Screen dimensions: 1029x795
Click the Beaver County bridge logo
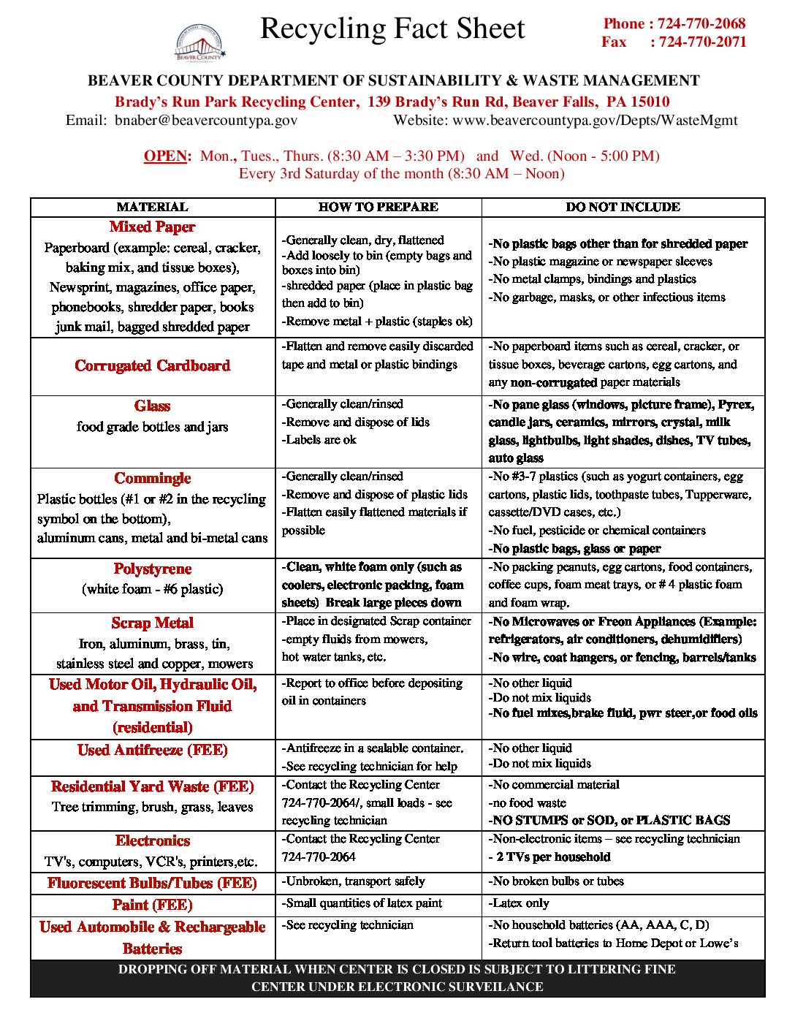click(199, 43)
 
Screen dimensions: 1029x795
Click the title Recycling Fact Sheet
click(392, 29)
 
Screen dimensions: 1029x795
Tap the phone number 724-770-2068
click(701, 23)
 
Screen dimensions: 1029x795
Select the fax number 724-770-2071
click(702, 42)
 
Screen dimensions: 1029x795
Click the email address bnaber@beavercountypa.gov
click(206, 121)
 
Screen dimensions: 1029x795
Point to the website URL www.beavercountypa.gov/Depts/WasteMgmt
click(595, 121)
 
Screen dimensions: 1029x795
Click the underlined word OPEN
click(167, 156)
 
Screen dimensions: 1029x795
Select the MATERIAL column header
click(152, 207)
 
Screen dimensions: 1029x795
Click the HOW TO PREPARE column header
click(378, 207)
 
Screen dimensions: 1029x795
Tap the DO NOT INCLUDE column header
click(623, 207)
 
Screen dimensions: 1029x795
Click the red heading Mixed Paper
click(152, 227)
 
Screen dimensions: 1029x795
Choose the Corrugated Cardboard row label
click(152, 365)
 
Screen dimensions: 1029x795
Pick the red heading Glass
click(152, 406)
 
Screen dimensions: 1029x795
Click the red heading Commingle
click(152, 479)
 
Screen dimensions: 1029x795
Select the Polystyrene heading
click(152, 569)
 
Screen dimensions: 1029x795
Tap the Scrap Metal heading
click(152, 623)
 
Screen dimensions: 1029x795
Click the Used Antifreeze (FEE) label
click(152, 751)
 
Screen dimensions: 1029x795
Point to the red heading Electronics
click(152, 841)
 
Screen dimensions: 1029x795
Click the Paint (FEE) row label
click(152, 905)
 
